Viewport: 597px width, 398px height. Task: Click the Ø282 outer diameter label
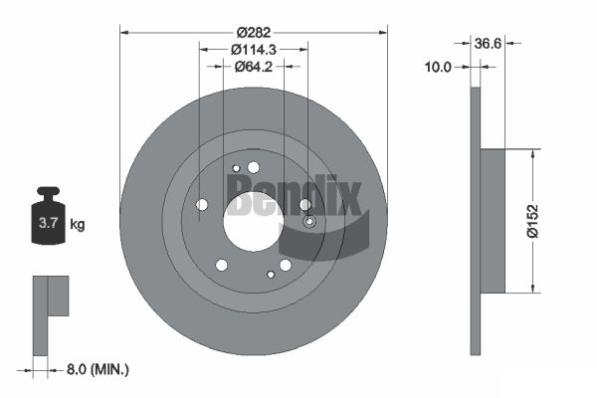pos(253,33)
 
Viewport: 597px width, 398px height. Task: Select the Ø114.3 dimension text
pos(254,50)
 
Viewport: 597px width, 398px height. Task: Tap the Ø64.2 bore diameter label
pos(254,67)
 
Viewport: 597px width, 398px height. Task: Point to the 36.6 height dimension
pos(488,44)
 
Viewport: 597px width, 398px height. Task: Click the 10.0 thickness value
pos(438,67)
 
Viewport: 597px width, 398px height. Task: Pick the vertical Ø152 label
pos(533,221)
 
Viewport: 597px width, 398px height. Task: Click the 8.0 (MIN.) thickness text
pos(98,369)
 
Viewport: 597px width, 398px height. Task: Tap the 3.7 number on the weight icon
pos(48,223)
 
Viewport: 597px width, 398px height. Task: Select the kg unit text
pos(78,224)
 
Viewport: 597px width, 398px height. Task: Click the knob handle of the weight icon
pos(48,192)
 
